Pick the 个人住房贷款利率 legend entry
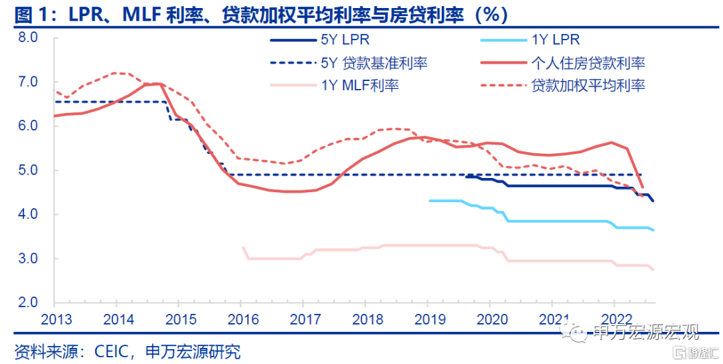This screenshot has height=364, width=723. point(588,64)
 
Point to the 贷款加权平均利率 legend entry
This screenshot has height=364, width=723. point(588,85)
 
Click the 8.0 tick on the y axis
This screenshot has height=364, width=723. point(27,37)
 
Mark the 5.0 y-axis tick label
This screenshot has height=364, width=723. point(27,170)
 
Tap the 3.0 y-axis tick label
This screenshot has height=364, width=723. point(27,258)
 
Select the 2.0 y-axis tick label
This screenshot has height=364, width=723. point(27,302)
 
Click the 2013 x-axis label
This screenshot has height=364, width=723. point(54,318)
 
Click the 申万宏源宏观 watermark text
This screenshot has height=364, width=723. point(646,333)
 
